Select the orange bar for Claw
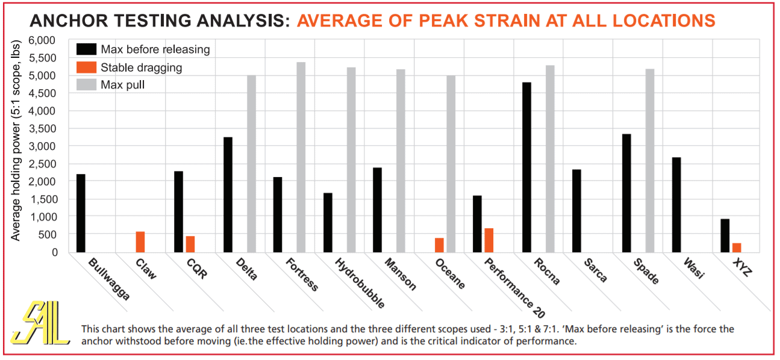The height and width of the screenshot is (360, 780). (x=140, y=242)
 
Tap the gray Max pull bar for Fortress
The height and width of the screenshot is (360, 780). (x=301, y=157)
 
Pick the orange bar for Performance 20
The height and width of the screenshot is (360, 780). (x=488, y=240)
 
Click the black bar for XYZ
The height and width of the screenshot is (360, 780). (x=725, y=235)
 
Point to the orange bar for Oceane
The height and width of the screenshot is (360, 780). (x=439, y=245)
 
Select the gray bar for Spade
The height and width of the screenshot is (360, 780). (x=651, y=161)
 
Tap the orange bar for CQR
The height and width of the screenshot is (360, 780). (x=190, y=244)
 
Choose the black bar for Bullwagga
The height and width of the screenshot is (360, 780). (x=81, y=213)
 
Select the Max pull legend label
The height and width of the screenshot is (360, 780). (x=123, y=85)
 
